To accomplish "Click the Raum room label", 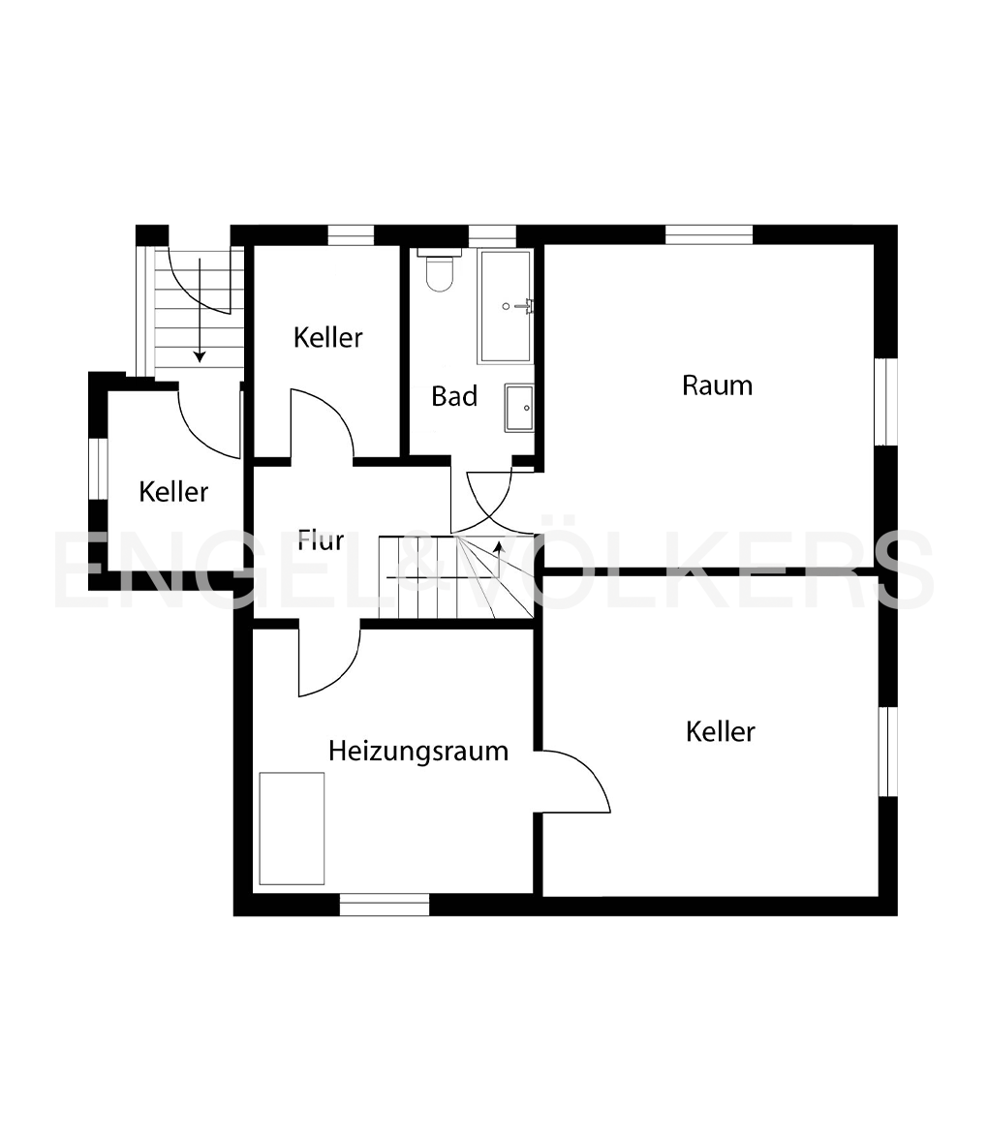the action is click(x=717, y=385).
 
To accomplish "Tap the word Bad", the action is click(x=454, y=396).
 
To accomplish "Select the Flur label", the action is click(x=321, y=540).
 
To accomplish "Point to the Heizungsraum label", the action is click(x=417, y=751).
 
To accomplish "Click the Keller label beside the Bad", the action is click(x=328, y=338).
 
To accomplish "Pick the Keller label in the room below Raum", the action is click(x=720, y=731).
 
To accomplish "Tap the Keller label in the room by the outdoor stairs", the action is click(x=173, y=492).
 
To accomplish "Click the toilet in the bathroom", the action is click(x=440, y=270).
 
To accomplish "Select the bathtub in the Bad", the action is click(x=505, y=306).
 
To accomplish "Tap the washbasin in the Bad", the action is click(x=518, y=408).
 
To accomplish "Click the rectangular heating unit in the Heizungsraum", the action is click(x=292, y=828).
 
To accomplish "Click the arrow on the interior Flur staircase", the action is click(x=498, y=549).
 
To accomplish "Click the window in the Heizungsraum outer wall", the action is click(x=384, y=905).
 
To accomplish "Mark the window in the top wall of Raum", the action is click(x=708, y=234).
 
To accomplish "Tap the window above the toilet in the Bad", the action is click(x=492, y=234).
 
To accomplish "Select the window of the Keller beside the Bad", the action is click(x=351, y=234).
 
